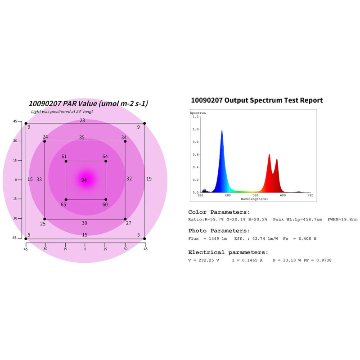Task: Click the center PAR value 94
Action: tap(84, 180)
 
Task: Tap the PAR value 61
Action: tap(64, 157)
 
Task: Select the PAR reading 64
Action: tap(105, 157)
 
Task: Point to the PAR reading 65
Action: tap(63, 205)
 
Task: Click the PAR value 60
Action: tap(105, 205)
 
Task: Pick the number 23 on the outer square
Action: tap(82, 121)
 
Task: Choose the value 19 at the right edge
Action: tap(149, 179)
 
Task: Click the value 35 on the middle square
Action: tap(81, 138)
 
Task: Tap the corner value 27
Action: tap(129, 223)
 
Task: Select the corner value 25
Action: tap(43, 224)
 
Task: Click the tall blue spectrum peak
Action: tap(222, 131)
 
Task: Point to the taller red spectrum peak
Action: tap(269, 155)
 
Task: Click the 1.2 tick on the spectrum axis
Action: tap(196, 117)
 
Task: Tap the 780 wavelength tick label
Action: tap(310, 195)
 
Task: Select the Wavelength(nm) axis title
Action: tap(254, 199)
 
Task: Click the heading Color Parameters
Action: tap(219, 212)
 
